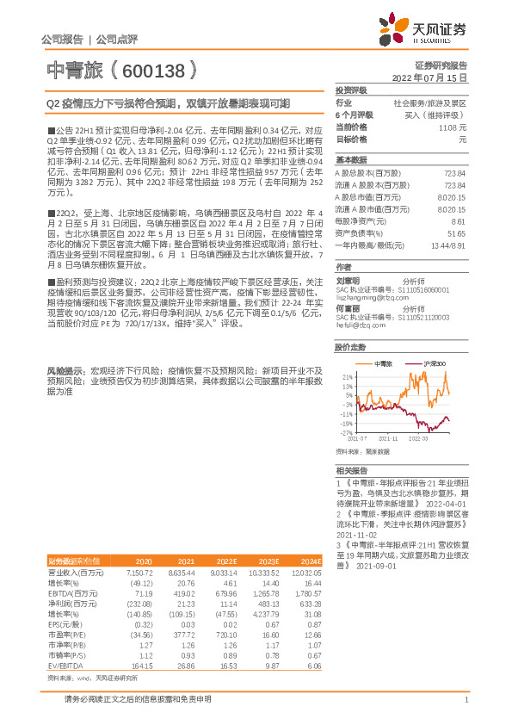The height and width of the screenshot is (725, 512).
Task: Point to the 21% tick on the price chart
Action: [345, 376]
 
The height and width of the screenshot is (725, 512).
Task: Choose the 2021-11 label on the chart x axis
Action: [390, 438]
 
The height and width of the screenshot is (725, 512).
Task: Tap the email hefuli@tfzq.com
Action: [355, 326]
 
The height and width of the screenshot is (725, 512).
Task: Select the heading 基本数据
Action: [352, 160]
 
